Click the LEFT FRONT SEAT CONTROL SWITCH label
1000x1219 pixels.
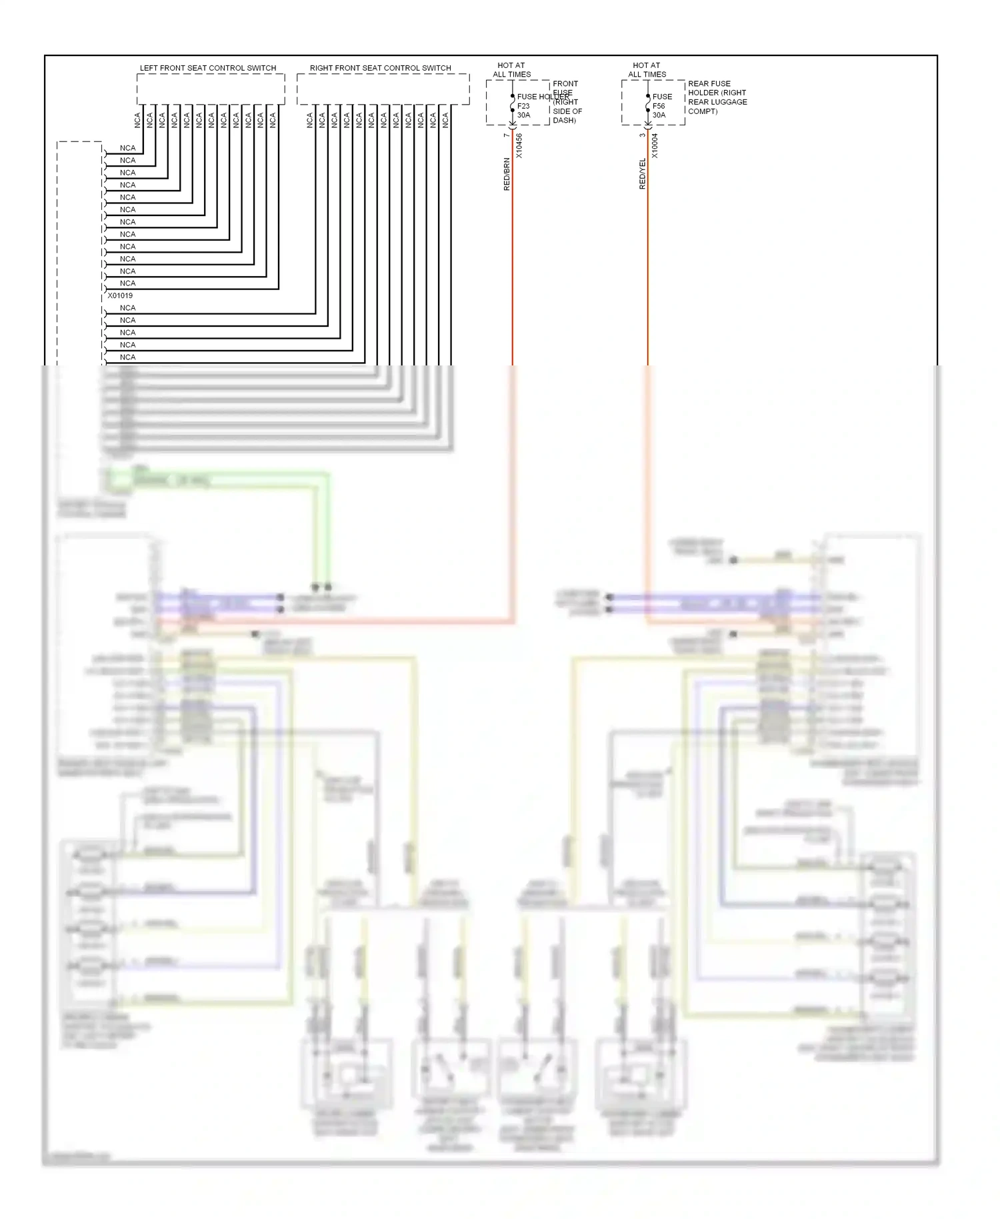click(x=207, y=68)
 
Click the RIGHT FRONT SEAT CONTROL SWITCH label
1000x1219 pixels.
click(x=380, y=68)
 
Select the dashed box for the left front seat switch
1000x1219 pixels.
click(x=211, y=89)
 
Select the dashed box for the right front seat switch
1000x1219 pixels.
click(x=383, y=89)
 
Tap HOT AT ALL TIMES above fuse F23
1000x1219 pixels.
click(x=511, y=70)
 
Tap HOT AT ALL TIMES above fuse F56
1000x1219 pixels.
click(x=647, y=70)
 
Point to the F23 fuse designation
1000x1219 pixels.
click(x=523, y=106)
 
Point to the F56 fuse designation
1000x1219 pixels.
click(x=659, y=106)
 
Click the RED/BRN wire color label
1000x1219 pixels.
click(x=507, y=174)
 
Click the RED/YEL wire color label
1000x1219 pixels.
click(x=643, y=174)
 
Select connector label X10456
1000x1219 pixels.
click(x=519, y=146)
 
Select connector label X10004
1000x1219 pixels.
click(x=655, y=146)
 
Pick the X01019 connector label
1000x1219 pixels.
click(x=120, y=295)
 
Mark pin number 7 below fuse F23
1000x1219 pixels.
click(x=507, y=135)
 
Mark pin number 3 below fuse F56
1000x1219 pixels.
click(x=642, y=135)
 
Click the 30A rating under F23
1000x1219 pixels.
click(x=523, y=115)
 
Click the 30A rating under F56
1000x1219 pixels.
click(x=659, y=115)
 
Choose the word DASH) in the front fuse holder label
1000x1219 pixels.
click(x=564, y=121)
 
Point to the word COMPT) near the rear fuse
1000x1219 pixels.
click(x=703, y=111)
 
